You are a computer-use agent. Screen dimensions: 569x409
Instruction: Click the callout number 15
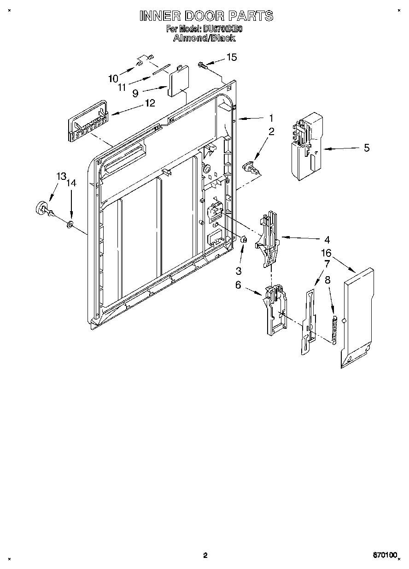(x=231, y=57)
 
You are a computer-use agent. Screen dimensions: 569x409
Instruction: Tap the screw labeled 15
(x=202, y=65)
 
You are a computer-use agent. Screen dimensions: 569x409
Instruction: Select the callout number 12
(x=150, y=103)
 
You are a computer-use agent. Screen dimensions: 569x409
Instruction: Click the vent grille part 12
(x=88, y=121)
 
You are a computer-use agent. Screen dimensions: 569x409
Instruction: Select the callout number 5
(x=367, y=148)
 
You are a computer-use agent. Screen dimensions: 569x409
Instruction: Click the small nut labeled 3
(x=244, y=239)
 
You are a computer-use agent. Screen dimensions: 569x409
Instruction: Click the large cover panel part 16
(x=357, y=318)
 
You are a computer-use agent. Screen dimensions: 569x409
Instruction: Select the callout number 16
(x=326, y=253)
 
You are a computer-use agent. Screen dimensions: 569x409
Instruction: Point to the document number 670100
(x=384, y=556)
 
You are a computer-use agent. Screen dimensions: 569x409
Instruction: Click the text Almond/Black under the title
(x=204, y=38)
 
